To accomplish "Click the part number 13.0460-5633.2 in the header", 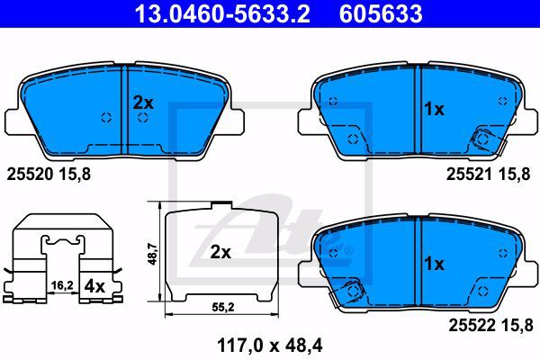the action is tap(222, 13).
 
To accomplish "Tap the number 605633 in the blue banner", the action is tap(381, 13).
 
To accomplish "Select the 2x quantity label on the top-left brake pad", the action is tap(143, 103).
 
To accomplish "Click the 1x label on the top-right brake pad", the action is tap(435, 109).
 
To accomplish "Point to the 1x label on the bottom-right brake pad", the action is tap(435, 264).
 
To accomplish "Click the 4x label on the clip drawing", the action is tap(94, 286).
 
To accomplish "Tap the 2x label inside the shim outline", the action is tap(220, 253).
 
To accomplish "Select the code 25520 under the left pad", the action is tap(30, 175).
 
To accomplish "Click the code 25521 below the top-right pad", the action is tap(470, 175).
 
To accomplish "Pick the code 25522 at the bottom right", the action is tap(472, 325).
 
